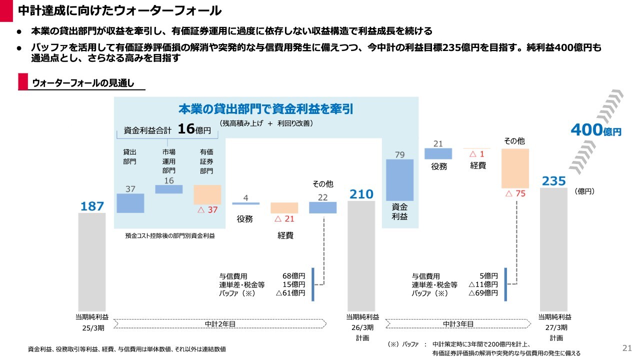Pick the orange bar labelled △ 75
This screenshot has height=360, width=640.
click(515, 168)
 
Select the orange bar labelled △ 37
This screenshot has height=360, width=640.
click(207, 194)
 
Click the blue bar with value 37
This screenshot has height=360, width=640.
click(130, 203)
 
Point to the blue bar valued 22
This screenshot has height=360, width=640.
click(322, 207)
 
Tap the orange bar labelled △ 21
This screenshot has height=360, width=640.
click(284, 208)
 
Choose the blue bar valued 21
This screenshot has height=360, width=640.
click(438, 153)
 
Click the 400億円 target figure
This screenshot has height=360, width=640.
click(595, 130)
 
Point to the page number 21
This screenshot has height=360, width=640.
click(627, 348)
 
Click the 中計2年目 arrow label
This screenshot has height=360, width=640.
click(220, 324)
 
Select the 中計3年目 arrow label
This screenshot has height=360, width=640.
click(458, 324)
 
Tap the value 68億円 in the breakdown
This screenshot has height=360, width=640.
click(293, 276)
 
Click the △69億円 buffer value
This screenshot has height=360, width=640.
click(483, 293)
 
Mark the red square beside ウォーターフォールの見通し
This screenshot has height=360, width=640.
click(23, 82)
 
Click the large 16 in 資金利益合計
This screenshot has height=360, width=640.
click(186, 129)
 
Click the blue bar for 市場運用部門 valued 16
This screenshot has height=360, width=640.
click(169, 189)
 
